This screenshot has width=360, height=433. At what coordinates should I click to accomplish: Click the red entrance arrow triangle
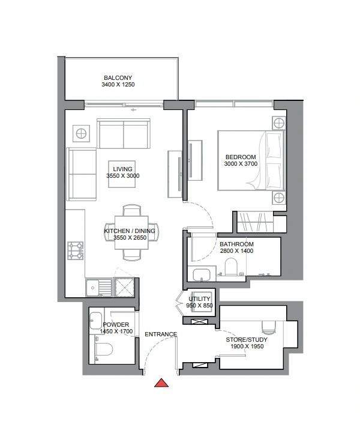[x=161, y=383]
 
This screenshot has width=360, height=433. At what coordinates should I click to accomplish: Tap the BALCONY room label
[x=118, y=78]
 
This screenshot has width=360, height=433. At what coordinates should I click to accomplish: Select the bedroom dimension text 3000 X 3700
[x=241, y=164]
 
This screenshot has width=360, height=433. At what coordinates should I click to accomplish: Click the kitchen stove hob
[x=76, y=250]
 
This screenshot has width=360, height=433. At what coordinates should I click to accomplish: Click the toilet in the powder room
[x=104, y=350]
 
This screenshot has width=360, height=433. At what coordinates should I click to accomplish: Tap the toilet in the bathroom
[x=231, y=267]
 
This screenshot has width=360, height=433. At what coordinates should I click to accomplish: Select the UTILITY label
[x=199, y=299]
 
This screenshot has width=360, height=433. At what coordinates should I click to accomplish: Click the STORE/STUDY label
[x=247, y=340]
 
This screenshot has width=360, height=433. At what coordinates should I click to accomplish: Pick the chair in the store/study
[x=268, y=327]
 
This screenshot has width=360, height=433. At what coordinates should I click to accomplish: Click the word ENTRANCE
[x=161, y=335]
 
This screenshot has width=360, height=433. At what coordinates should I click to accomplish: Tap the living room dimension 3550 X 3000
[x=123, y=176]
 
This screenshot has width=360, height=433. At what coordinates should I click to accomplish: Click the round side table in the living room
[x=81, y=134]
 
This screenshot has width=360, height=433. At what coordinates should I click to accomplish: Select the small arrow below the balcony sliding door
[x=134, y=110]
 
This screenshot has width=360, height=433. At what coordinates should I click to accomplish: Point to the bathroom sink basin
[x=202, y=275]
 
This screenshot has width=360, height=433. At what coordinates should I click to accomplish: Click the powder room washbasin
[x=96, y=321]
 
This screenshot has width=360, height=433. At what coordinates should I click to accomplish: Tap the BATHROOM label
[x=236, y=244]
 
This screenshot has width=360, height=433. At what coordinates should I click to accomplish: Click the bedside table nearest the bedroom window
[x=278, y=123]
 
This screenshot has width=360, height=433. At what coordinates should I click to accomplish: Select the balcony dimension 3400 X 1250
[x=118, y=85]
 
